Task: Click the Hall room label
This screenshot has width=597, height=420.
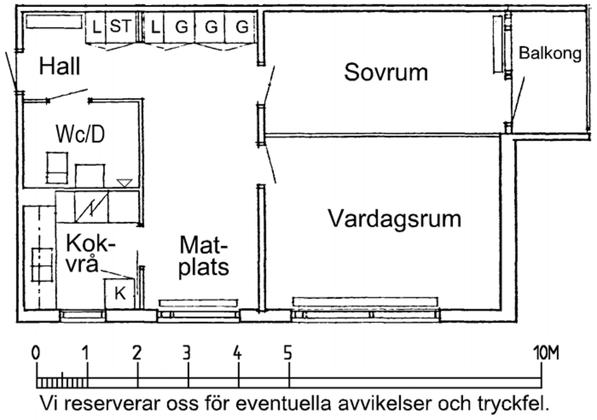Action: [x=60, y=66]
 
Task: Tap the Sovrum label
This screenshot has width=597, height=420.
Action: [x=386, y=72]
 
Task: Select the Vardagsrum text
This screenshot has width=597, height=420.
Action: [x=395, y=219]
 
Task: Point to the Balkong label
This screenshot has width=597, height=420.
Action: [x=550, y=53]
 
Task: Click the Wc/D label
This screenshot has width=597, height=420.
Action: [x=80, y=134]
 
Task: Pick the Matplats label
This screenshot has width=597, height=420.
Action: [x=204, y=255]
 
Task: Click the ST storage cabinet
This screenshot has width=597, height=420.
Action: [x=120, y=28]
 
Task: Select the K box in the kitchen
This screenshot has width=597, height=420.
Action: [x=119, y=293]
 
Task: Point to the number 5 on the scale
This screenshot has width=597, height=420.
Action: [x=288, y=353]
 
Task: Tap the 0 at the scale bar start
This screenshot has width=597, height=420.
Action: [x=36, y=353]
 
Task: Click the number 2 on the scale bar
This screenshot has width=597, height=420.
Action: [x=137, y=353]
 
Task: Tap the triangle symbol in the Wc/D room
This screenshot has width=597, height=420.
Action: [x=124, y=182]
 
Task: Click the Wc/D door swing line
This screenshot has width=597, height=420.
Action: [x=67, y=95]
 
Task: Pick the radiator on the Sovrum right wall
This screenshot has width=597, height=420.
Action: [x=497, y=44]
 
